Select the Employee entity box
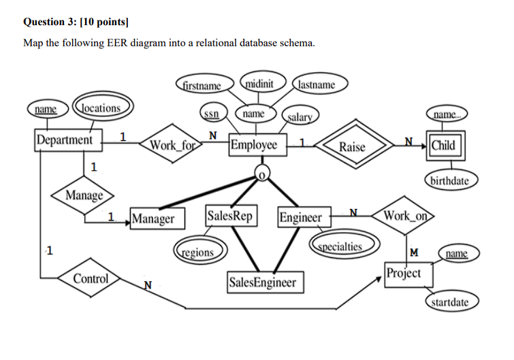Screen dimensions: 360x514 tap(254, 145)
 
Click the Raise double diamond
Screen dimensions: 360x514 tap(352, 146)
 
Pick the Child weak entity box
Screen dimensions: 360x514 tap(443, 145)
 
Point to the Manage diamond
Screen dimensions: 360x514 tap(84, 196)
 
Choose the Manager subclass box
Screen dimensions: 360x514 tap(153, 218)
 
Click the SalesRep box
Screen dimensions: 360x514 tap(231, 216)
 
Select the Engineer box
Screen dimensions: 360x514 tap(300, 217)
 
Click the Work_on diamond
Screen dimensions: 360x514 tap(406, 216)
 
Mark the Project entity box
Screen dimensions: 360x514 tap(404, 273)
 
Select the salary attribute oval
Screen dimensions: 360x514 tap(298, 117)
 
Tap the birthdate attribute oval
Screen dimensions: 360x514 tap(450, 181)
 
